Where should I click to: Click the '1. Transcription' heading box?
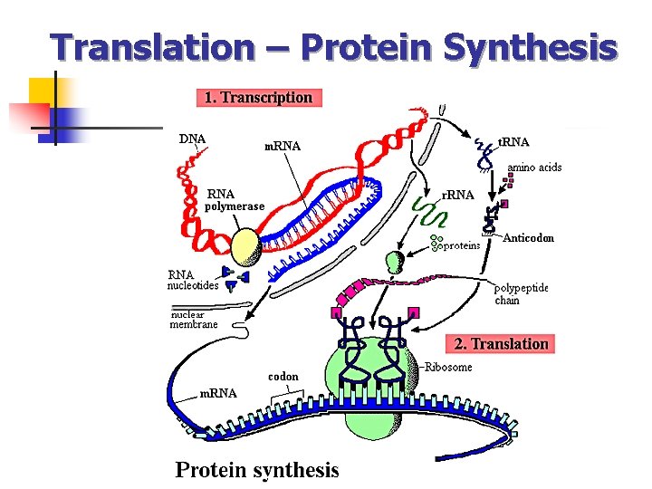coord(259,97)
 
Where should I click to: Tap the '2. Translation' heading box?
coord(501,343)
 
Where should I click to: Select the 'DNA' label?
coord(192,139)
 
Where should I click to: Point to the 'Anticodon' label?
coord(528,238)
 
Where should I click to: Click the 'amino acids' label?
coord(534,168)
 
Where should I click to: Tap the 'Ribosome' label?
coord(449,367)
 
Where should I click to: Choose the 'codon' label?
coord(283,376)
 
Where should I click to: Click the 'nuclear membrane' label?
coord(194,319)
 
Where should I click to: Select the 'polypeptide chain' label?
coord(521,294)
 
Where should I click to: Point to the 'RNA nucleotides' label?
coord(192,280)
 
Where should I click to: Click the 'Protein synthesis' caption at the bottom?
coord(256,469)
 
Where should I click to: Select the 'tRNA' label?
coord(514,141)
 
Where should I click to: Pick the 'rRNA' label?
coord(457,195)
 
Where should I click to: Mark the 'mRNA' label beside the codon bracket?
coord(217,393)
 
